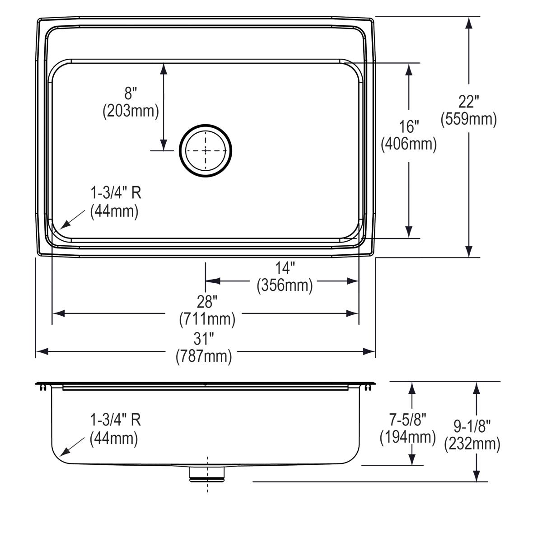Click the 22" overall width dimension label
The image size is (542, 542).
point(468,102)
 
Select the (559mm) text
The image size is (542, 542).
point(468,119)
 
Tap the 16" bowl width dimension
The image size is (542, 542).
point(409,127)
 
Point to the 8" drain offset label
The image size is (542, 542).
point(131,93)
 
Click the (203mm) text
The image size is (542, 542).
point(131,111)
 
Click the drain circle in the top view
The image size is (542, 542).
point(206,150)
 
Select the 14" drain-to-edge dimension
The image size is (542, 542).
point(285,268)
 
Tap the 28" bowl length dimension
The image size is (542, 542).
point(207,301)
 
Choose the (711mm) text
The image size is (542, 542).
point(207,319)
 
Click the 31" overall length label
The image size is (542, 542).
point(204,338)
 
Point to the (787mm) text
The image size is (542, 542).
point(204,356)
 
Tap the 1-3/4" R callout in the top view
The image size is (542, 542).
point(116,193)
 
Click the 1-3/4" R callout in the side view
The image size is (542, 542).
point(116,420)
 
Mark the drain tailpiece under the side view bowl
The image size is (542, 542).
point(207,474)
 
